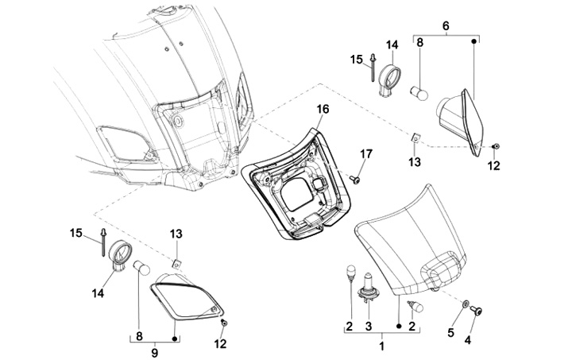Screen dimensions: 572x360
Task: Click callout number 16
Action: point(323,109)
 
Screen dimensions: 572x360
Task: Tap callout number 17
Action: point(366,154)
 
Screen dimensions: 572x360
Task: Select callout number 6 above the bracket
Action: point(446,26)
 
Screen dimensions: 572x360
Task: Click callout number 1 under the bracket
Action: point(382,346)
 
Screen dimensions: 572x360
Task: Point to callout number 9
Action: point(155,353)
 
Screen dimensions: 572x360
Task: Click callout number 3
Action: point(369,326)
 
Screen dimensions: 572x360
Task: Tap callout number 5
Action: point(451,332)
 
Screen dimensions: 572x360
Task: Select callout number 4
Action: point(468,340)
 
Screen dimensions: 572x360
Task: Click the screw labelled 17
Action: point(354,179)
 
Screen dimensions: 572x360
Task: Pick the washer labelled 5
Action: point(466,304)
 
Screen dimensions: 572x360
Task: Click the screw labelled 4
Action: point(476,311)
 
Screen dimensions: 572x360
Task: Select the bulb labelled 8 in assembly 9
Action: point(142,268)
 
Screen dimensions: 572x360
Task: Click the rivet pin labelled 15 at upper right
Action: point(373,68)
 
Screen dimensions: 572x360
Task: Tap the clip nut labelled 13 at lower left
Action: point(177,264)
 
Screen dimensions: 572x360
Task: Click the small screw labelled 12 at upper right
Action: point(496,146)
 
